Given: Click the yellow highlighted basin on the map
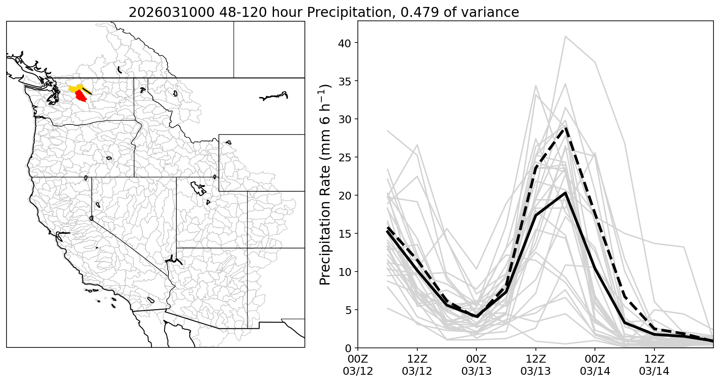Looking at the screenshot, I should (73, 88).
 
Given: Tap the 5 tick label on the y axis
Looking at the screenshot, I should (349, 310).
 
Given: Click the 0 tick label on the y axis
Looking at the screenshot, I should (349, 348).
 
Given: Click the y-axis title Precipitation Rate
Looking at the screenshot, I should (325, 184).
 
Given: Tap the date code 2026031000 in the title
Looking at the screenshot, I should (171, 12).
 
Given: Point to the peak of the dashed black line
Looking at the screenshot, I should (565, 128).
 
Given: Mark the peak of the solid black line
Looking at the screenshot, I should (565, 193).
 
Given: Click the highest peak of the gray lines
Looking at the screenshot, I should (565, 36).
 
